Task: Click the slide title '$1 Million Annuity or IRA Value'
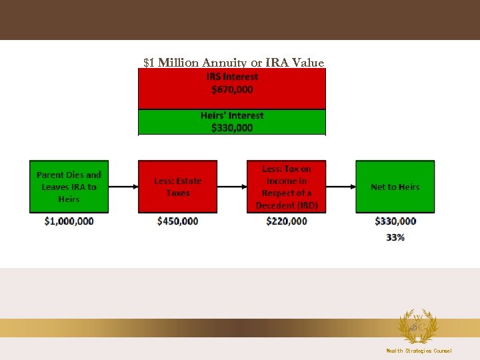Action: [x=233, y=63]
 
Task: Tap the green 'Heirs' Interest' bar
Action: [x=232, y=121]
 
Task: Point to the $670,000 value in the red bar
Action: [x=232, y=89]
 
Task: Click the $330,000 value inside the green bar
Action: [x=232, y=127]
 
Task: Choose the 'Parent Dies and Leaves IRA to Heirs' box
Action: [x=69, y=187]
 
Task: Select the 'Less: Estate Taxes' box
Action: [x=177, y=187]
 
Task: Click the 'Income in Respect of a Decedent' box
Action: [x=287, y=187]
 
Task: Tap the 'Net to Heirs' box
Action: [x=395, y=187]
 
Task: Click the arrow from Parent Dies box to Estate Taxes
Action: [x=123, y=187]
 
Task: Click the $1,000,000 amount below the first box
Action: [x=69, y=221]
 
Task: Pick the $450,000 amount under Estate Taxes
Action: [x=177, y=221]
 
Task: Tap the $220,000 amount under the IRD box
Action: [x=287, y=221]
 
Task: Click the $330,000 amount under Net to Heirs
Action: [x=395, y=221]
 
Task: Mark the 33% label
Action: [x=395, y=237]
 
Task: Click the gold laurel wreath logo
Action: [x=417, y=326]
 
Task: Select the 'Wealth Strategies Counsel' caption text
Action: [x=419, y=351]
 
